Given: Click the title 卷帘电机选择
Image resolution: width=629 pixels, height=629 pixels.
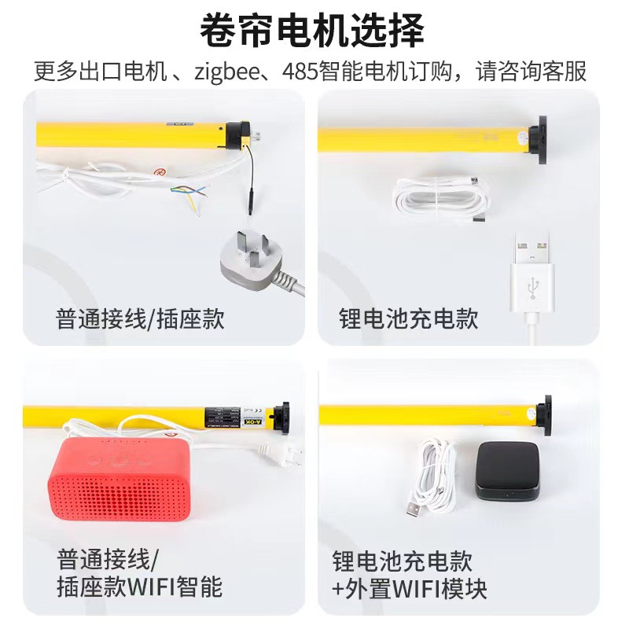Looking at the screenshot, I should (x=312, y=31).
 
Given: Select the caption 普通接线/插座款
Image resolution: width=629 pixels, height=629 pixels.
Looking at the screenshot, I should (x=140, y=318).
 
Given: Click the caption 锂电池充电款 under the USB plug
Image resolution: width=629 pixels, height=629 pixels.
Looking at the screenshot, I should (x=409, y=318).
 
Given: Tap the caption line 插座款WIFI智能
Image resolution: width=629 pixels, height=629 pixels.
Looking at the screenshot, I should (x=140, y=587).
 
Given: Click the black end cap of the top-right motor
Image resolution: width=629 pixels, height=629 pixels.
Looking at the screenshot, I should (x=539, y=142).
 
